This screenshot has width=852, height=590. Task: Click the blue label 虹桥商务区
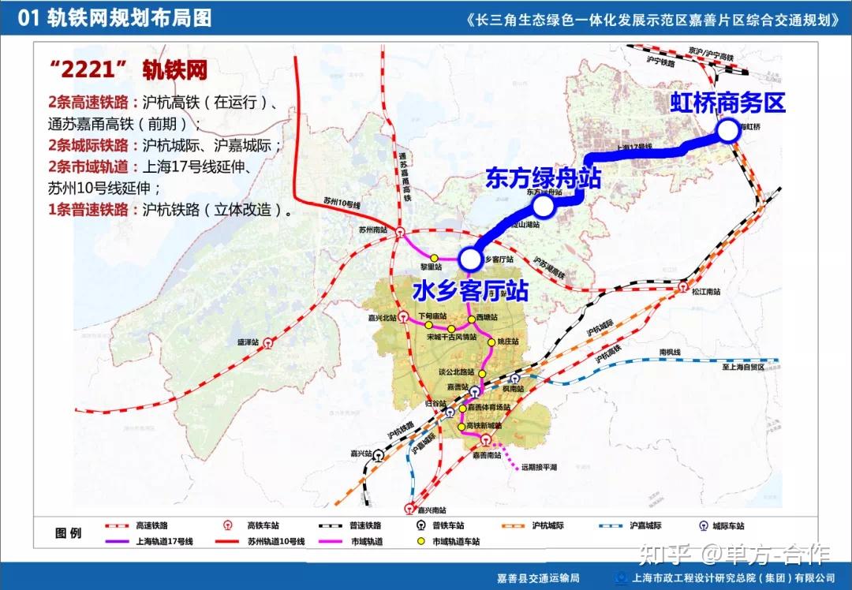[x=728, y=103]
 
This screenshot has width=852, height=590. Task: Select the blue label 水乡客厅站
[x=470, y=292]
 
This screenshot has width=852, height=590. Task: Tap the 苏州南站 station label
[x=372, y=230]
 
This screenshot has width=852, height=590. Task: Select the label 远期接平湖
[x=539, y=467]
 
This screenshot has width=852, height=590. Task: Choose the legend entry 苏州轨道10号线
[x=275, y=542]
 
